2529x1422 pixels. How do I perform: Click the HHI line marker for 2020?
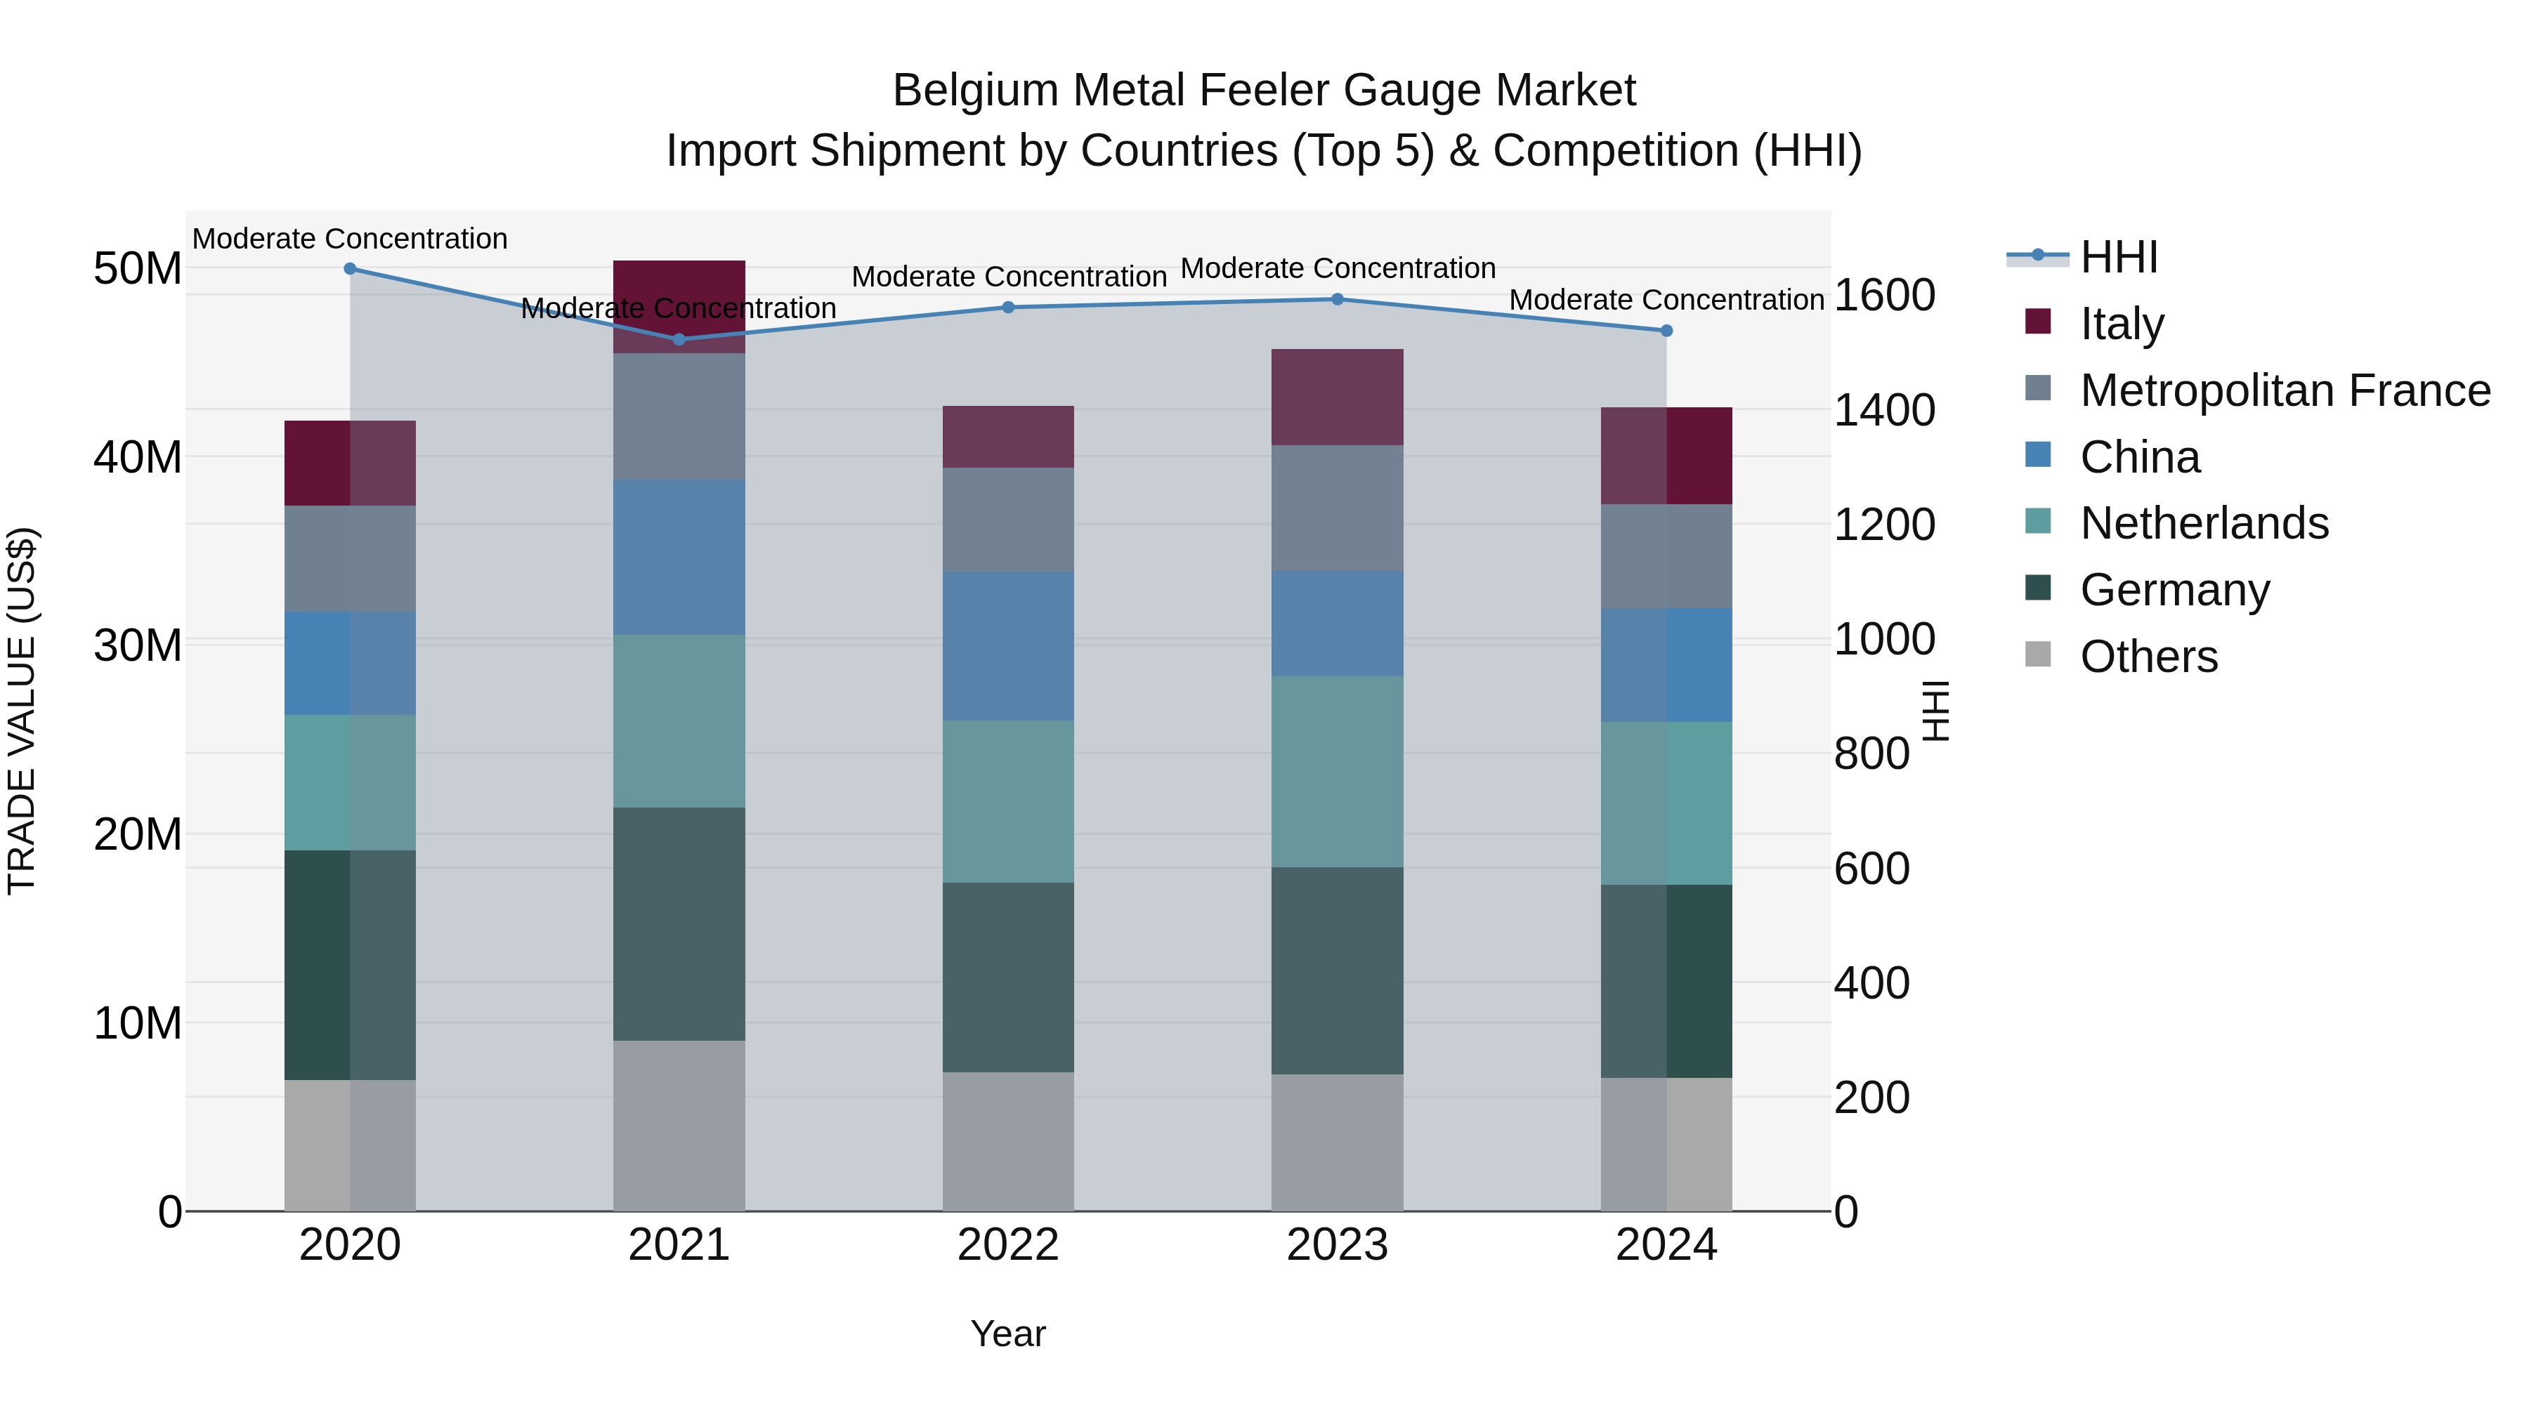click(350, 269)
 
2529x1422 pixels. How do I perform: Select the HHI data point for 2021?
click(679, 340)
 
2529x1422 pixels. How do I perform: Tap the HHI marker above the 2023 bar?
click(1337, 299)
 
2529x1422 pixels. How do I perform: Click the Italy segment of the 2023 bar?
click(1337, 397)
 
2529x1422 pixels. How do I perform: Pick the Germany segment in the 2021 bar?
click(679, 923)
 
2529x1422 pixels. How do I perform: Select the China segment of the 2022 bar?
click(1008, 647)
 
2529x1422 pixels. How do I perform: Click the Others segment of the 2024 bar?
click(1666, 1145)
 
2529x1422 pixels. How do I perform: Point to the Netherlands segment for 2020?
click(350, 782)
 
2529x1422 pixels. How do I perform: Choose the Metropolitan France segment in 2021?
click(679, 416)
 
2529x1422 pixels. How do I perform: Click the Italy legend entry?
click(2122, 324)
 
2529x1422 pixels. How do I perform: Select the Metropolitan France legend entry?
click(2285, 390)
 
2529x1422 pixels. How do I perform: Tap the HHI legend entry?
click(2119, 257)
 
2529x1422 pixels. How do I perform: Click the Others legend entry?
click(2148, 657)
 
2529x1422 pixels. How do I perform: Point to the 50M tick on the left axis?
click(138, 269)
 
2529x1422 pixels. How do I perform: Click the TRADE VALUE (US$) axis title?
click(22, 711)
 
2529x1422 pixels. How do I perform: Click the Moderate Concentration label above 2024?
click(1666, 301)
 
